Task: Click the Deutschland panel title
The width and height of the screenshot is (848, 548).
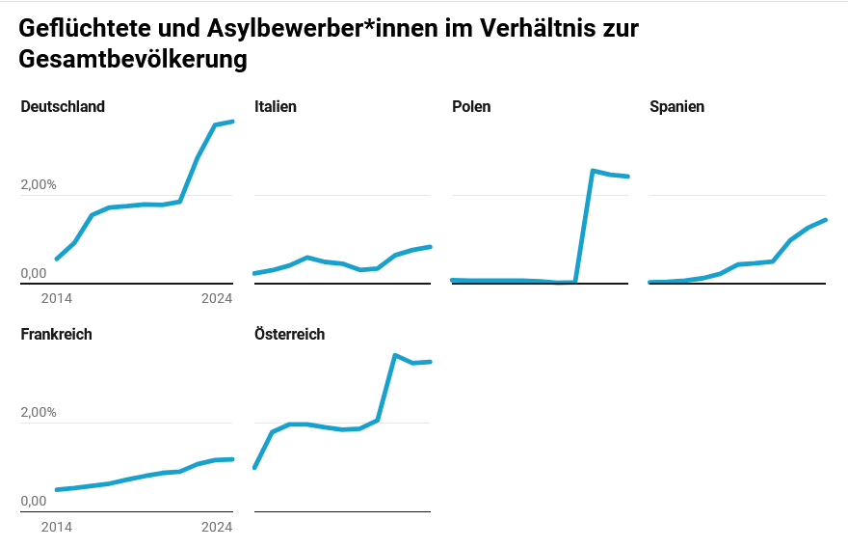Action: tap(63, 107)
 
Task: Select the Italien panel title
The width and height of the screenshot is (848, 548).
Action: tap(276, 107)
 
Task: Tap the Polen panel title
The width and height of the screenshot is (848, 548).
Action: tap(471, 107)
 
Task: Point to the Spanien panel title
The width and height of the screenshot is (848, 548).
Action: tap(677, 107)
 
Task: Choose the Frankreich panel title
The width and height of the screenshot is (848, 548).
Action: tap(56, 335)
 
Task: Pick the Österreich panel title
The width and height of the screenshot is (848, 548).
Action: tap(289, 335)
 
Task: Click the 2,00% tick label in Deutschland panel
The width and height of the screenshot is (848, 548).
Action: tap(39, 185)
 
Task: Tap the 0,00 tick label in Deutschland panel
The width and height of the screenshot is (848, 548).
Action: tap(33, 274)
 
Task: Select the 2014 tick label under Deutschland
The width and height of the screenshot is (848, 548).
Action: tap(56, 299)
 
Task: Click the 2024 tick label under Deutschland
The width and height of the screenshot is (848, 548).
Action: tap(217, 299)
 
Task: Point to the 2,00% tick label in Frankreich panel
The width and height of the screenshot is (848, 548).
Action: tap(39, 413)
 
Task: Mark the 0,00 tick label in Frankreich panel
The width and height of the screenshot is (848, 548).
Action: tap(33, 502)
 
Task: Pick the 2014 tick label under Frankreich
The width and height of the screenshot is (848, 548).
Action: tap(56, 527)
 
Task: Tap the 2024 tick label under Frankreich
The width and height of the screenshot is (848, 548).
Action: tap(217, 527)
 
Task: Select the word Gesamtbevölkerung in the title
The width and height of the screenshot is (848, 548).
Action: tap(133, 60)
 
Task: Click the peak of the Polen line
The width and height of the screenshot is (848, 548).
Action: tap(593, 171)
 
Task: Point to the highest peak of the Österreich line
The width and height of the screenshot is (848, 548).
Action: tap(395, 355)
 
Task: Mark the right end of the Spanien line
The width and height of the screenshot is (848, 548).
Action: tap(826, 220)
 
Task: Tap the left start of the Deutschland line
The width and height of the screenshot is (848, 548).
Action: tap(57, 259)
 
